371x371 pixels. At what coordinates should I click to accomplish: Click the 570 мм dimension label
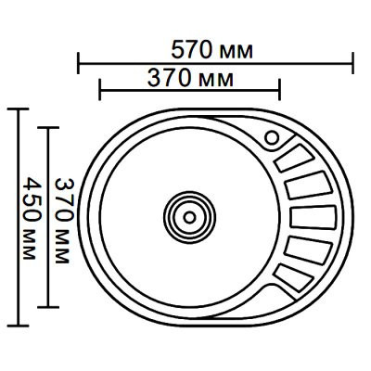pyautogui.click(x=212, y=50)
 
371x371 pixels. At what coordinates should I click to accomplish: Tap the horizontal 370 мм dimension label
pyautogui.click(x=190, y=79)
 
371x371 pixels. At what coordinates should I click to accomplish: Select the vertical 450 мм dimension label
pyautogui.click(x=32, y=218)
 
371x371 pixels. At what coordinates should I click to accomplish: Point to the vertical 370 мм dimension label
pyautogui.click(x=64, y=221)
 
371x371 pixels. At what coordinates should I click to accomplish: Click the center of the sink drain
pyautogui.click(x=189, y=217)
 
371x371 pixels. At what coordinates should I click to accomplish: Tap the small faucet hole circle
pyautogui.click(x=273, y=138)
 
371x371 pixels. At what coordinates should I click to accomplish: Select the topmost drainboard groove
pyautogui.click(x=295, y=158)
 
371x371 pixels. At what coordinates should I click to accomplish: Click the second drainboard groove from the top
pyautogui.click(x=308, y=185)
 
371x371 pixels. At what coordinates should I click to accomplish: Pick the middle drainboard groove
pyautogui.click(x=313, y=217)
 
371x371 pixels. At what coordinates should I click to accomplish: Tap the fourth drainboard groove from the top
pyautogui.click(x=308, y=250)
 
